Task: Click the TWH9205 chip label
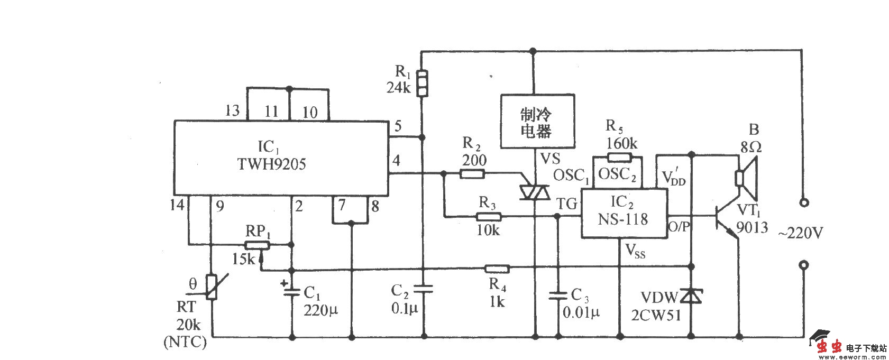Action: point(271,164)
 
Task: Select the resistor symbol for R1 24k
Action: point(421,84)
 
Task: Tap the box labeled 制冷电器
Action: point(537,122)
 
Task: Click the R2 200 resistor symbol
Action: point(472,173)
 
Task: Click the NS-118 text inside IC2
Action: point(623,218)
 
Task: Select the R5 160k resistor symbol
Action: point(619,156)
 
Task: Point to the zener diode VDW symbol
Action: point(690,296)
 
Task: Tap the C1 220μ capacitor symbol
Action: point(291,290)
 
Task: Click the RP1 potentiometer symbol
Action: point(257,245)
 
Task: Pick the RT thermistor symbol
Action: point(212,288)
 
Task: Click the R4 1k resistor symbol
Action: point(497,269)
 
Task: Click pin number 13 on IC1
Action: point(232,110)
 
